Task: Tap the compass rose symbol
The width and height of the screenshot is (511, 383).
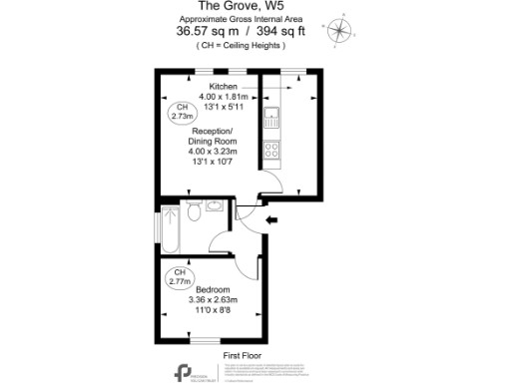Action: tap(341, 30)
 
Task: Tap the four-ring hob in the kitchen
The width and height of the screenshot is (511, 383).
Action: tap(270, 152)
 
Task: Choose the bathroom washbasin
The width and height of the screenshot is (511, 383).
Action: tap(217, 210)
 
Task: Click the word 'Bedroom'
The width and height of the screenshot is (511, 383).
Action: tap(214, 290)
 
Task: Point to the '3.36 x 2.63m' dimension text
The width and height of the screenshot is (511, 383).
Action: tap(214, 302)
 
